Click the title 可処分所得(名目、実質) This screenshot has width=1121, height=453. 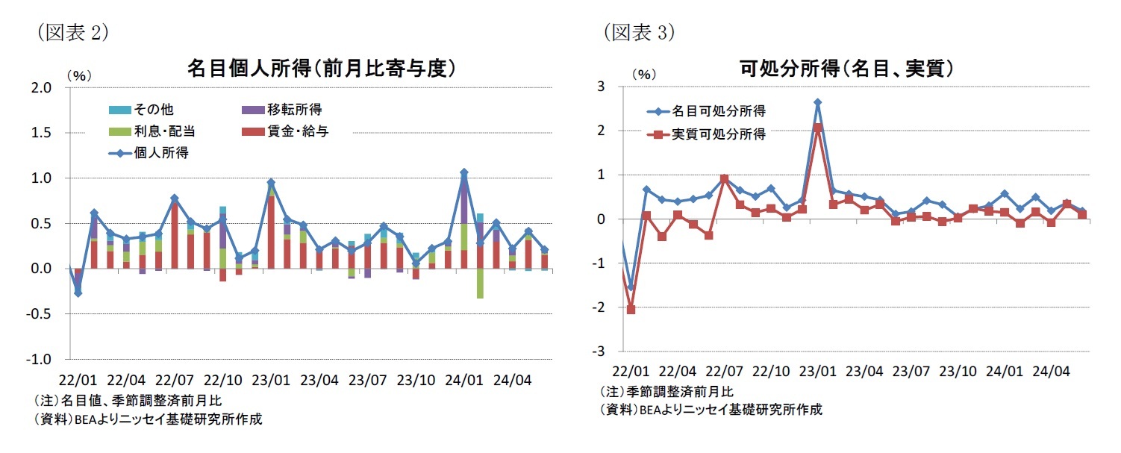coord(846,69)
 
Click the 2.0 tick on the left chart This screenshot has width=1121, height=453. coord(42,88)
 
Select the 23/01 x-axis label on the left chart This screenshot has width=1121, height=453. coord(270,379)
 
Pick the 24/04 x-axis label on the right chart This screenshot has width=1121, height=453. coord(1050,371)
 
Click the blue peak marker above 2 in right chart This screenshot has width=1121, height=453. coord(817,102)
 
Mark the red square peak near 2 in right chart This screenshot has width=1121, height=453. coord(817,128)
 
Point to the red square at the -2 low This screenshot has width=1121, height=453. coord(631,309)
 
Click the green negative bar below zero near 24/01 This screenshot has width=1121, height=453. coord(480,284)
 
